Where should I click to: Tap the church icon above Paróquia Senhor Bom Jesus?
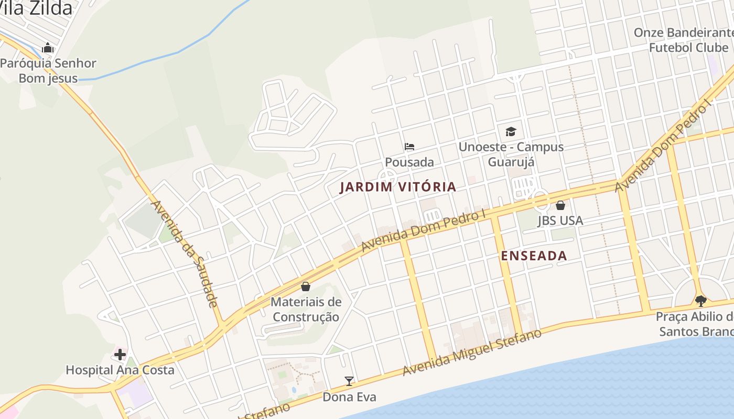[x=48, y=48]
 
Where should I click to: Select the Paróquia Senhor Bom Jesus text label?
[x=48, y=71]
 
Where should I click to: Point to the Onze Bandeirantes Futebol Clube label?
[x=684, y=40]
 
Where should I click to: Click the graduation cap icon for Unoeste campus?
[x=511, y=131]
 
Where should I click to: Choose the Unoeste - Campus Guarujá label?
[x=511, y=154]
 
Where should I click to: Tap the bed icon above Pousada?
[x=409, y=147]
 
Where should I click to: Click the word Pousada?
[x=409, y=162]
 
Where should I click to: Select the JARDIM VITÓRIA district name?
[x=398, y=187]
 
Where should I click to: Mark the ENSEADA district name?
[x=534, y=256]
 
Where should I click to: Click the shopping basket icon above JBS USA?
[x=560, y=205]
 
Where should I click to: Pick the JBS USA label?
[x=560, y=220]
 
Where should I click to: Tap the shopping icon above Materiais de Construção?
[x=306, y=286]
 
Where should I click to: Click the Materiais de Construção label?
[x=306, y=310]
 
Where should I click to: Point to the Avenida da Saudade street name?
[x=184, y=254]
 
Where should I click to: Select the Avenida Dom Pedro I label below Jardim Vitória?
[x=424, y=230]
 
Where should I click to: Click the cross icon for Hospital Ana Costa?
[x=120, y=355]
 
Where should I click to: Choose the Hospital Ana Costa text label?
[x=120, y=370]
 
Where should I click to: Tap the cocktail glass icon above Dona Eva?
[x=349, y=381]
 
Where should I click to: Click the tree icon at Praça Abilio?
[x=700, y=301]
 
